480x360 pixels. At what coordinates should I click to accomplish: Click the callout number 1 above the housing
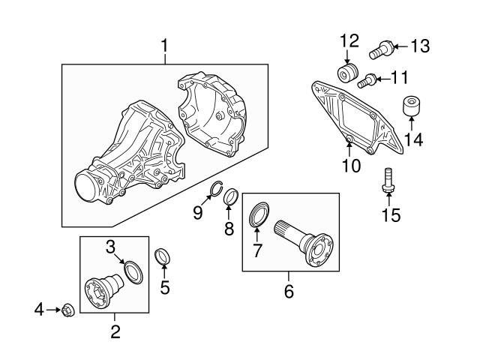tap(163, 46)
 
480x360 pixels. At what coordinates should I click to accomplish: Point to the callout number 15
tap(391, 215)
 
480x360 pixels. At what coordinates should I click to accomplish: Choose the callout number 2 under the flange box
tap(115, 331)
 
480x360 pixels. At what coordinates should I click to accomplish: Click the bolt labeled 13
tap(381, 50)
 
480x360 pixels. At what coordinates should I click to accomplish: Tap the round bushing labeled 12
tap(346, 74)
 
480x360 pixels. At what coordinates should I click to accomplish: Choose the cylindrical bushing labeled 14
tap(411, 107)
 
